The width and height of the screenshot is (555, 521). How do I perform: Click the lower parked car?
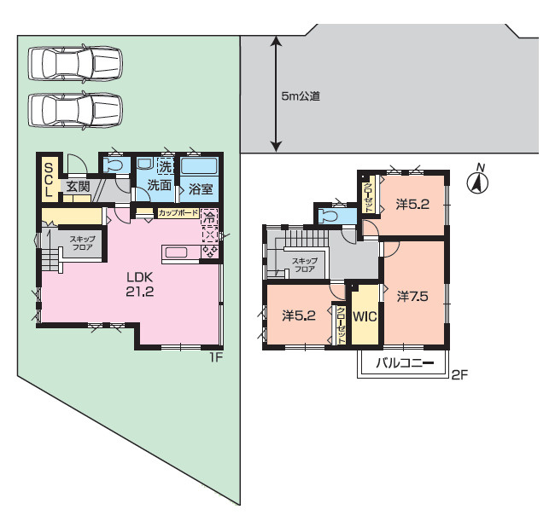[75, 110]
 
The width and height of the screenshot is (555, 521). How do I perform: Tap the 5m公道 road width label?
[301, 96]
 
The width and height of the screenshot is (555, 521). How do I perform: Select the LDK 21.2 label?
[140, 284]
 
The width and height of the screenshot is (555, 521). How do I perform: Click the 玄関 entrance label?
[79, 186]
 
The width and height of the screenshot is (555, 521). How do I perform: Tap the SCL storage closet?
[48, 180]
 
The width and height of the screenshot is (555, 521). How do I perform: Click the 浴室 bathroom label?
[201, 189]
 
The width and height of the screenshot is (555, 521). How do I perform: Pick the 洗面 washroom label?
[160, 185]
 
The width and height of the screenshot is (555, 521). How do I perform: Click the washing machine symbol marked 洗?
[166, 166]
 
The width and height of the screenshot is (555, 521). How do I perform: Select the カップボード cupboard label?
[178, 213]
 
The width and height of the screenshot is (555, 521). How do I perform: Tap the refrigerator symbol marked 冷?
[209, 217]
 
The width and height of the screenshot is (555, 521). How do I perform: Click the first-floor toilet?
[114, 165]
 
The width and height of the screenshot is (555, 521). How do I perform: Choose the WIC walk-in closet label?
[365, 316]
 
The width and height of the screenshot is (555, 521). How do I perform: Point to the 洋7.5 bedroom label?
[412, 296]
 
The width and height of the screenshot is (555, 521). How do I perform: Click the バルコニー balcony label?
[405, 363]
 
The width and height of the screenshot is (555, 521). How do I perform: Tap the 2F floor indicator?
[459, 374]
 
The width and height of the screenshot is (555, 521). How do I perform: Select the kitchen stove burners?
[209, 251]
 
